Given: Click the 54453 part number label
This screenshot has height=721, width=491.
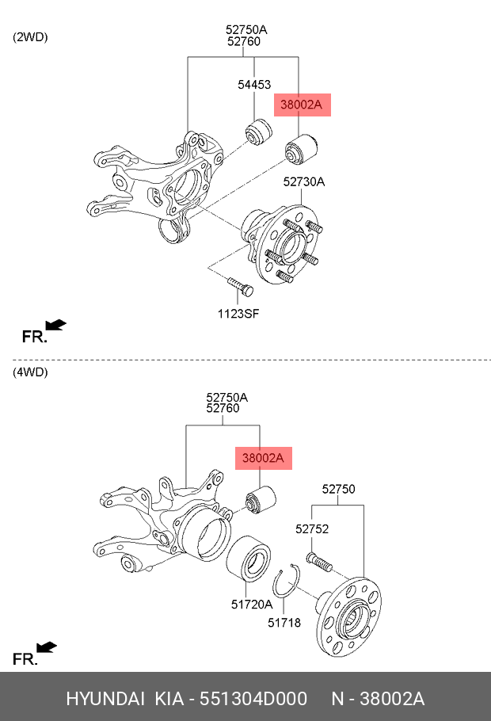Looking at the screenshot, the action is pos(254,85).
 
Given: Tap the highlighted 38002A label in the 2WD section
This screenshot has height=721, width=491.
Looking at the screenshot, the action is pos(302,105).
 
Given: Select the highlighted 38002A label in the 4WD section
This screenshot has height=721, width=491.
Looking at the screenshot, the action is pos(264,458).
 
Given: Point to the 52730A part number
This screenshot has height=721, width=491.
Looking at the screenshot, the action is pos(304,182).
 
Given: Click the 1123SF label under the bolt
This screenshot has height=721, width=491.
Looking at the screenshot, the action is pos(238,314).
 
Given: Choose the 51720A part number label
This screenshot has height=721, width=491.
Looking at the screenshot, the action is pos(252,605).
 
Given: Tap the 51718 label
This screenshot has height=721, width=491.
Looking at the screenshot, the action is pos(284,623).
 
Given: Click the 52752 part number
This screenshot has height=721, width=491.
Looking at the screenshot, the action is pos(312,529).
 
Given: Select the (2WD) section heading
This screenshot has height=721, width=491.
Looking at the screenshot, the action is pos(30,37).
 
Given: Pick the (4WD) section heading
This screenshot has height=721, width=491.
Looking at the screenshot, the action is pos(30,372).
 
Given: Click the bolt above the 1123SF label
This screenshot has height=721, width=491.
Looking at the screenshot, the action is pos(241,287).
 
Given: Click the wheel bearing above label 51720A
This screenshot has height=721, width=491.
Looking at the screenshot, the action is pos(248,559).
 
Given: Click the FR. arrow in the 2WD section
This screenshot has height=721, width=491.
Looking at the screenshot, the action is pos(56,325).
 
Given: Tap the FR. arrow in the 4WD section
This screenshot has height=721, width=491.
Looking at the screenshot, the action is pos(47,647).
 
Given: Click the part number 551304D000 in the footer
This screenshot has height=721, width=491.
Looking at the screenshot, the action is pos(253,699).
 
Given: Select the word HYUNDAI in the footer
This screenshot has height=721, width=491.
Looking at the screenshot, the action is pos(105,699).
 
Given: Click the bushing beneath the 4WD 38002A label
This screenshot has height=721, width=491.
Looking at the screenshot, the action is pos(261,500).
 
